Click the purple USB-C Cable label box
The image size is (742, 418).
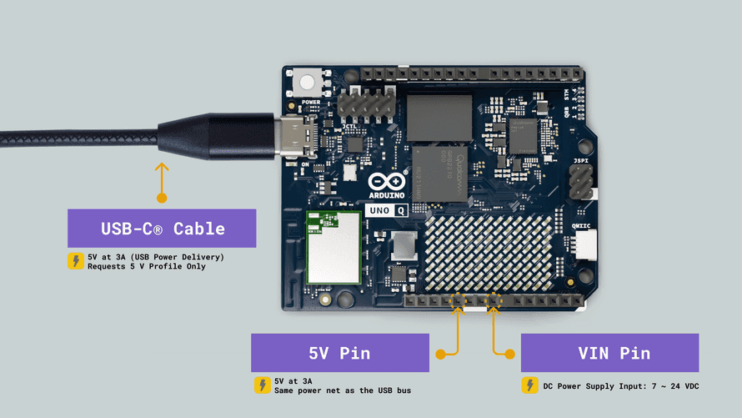162,228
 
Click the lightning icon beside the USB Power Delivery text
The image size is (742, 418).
75,261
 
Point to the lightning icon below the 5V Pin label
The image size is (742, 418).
262,385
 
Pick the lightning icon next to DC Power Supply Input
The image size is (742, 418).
529,385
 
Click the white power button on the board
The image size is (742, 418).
308,83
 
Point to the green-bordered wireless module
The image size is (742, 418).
333,247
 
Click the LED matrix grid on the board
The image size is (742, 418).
490,252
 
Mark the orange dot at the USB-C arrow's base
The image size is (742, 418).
162,198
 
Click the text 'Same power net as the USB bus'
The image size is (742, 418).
343,391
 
